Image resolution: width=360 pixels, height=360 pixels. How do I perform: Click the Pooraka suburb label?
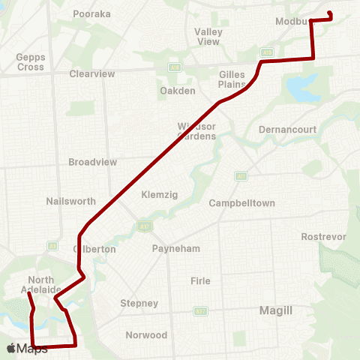coord(91,13)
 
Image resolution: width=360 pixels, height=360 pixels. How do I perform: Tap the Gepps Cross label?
coord(31,61)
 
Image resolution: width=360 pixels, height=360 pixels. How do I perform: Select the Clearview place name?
coord(91,74)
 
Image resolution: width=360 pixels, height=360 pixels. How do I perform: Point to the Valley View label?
coord(208,36)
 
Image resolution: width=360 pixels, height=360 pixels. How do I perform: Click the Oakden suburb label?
coord(178,91)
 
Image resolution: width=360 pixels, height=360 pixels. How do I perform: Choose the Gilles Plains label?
coord(232,79)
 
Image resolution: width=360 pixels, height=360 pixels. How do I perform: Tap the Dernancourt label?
coord(287,129)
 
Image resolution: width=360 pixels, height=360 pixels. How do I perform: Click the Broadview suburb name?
coord(92,162)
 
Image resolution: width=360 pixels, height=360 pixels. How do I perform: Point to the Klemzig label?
coord(158,194)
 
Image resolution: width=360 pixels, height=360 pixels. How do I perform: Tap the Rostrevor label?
coord(323,236)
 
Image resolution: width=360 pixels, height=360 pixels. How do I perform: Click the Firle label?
coord(200,280)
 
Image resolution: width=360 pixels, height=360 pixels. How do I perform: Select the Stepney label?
coord(139,303)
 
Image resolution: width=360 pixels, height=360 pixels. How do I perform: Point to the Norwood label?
coord(148,334)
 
